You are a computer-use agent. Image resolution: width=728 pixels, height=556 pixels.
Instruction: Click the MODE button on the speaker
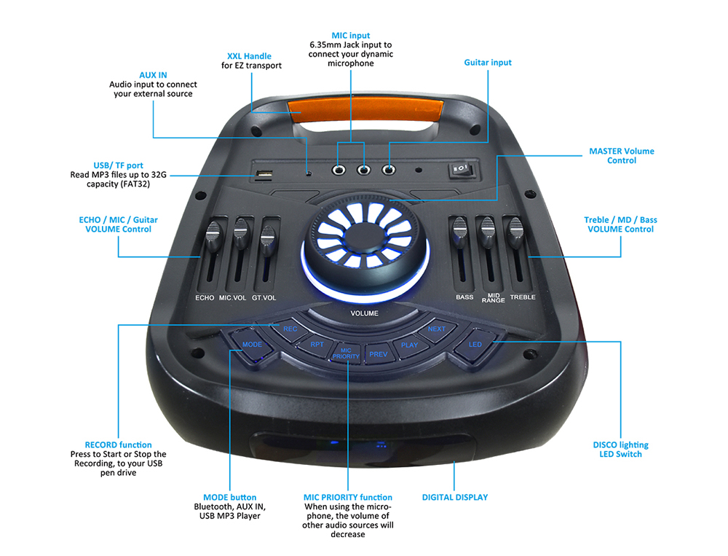(x=252, y=344)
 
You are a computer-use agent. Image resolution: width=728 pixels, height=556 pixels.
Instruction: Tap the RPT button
(x=317, y=344)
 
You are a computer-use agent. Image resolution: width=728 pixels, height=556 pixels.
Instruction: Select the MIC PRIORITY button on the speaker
(x=346, y=353)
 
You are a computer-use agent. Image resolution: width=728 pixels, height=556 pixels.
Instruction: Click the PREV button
(x=378, y=354)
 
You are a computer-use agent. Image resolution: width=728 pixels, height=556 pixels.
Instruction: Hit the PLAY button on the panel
(x=409, y=345)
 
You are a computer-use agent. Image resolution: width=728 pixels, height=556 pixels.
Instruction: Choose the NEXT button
(x=436, y=329)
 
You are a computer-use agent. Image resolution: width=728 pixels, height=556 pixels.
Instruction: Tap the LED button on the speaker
(x=475, y=344)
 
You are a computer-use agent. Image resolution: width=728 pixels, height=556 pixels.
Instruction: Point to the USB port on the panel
(x=264, y=175)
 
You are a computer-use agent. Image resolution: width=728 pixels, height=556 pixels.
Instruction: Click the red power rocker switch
(x=459, y=170)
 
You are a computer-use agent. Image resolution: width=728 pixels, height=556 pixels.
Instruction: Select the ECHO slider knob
(x=213, y=235)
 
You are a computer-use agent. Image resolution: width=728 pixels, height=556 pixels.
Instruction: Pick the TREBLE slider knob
(x=516, y=233)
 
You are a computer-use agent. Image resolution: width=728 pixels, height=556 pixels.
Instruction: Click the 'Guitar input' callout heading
(x=488, y=63)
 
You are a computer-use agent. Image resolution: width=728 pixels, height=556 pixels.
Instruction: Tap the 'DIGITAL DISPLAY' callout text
(x=455, y=498)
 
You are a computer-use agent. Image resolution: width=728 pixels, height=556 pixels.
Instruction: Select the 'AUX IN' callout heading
(x=153, y=75)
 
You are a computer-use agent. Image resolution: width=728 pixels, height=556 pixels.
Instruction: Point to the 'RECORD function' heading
(x=118, y=445)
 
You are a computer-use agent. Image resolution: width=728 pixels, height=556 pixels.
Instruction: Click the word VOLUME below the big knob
(x=364, y=313)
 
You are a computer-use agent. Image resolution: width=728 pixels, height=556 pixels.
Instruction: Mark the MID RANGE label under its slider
(x=493, y=298)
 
